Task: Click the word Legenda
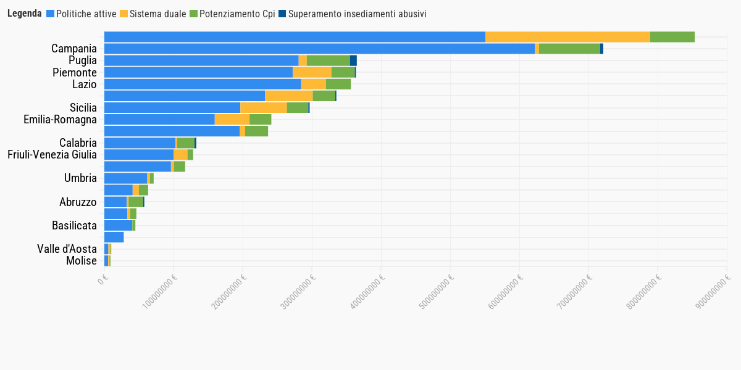[25, 14]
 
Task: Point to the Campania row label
[74, 49]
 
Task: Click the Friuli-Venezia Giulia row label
[52, 155]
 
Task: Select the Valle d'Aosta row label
[67, 249]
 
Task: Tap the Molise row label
[82, 261]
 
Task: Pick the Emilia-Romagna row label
[60, 120]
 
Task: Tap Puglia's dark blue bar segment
[353, 60]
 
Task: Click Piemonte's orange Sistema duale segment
[312, 72]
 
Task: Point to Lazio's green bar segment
[338, 84]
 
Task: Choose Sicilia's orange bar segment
[264, 108]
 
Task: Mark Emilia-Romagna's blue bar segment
[159, 120]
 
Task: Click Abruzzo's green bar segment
[135, 202]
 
